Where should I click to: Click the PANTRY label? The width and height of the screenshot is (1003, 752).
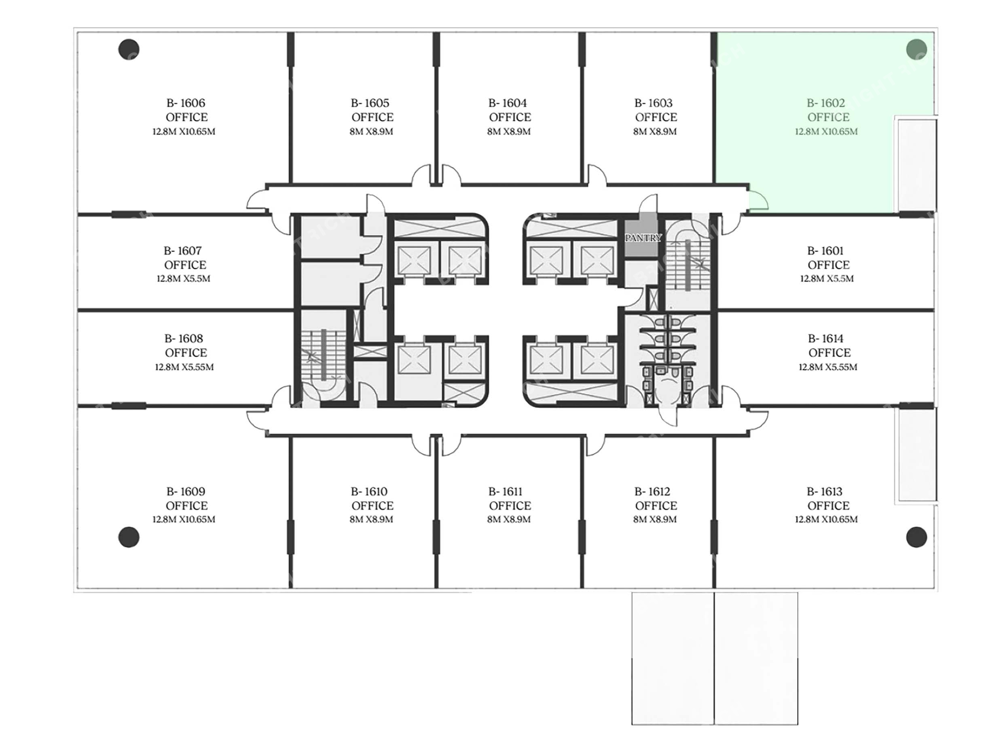[x=644, y=238]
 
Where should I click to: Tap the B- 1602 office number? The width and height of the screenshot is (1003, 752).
[x=826, y=103]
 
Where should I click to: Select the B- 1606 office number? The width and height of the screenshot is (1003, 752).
[x=186, y=103]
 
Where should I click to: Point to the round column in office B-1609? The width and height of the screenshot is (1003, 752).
[x=129, y=537]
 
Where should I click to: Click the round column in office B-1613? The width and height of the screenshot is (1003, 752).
[x=916, y=537]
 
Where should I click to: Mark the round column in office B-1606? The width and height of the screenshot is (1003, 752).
[x=129, y=50]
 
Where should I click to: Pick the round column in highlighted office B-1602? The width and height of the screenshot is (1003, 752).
[x=916, y=50]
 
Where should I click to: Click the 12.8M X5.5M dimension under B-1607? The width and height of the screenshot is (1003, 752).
[x=183, y=279]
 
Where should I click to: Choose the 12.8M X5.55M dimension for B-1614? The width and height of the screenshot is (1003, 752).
[x=828, y=367]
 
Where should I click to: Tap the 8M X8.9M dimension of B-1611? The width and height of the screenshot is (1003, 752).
[x=509, y=520]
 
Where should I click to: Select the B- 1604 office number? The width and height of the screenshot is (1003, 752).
[x=508, y=103]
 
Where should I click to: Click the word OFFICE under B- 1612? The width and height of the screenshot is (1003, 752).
[x=656, y=506]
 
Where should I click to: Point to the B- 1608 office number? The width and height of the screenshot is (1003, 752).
[x=184, y=338]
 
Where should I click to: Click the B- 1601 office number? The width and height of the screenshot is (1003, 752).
[x=825, y=251]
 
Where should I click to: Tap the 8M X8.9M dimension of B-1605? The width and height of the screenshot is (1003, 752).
[x=371, y=132]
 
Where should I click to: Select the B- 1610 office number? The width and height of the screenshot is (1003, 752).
[x=369, y=491]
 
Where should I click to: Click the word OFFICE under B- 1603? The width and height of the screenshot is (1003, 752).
[x=656, y=117]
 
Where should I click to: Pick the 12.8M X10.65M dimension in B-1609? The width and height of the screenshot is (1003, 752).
[x=184, y=520]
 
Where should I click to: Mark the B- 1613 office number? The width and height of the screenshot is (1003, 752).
[x=825, y=491]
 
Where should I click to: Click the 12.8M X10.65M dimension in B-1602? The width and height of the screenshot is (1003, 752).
[x=826, y=132]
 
